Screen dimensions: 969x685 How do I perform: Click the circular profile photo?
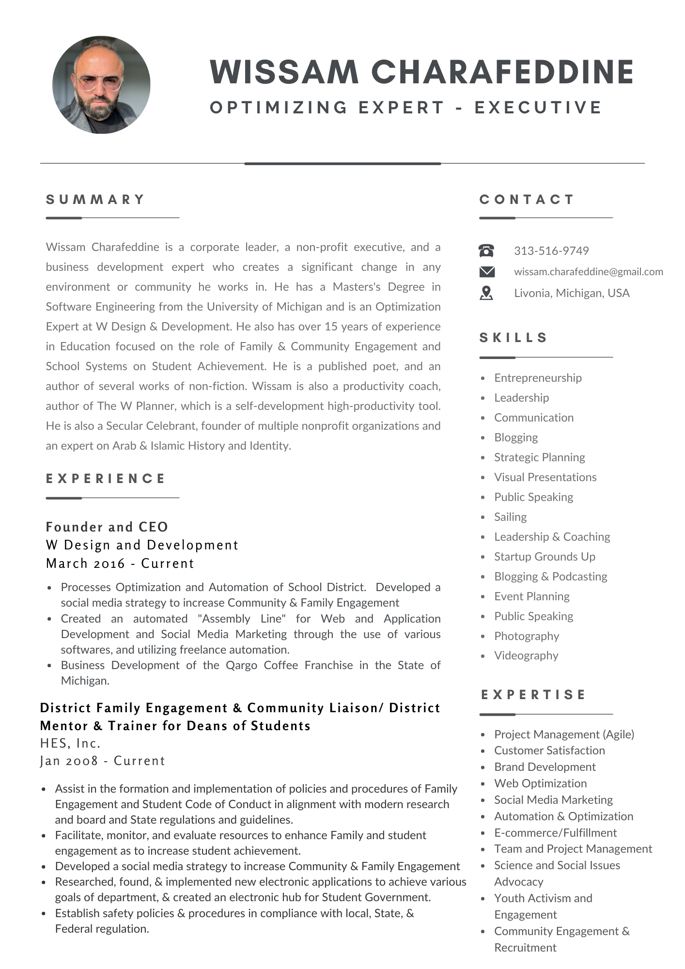(x=101, y=85)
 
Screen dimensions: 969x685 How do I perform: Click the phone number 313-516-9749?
(x=551, y=251)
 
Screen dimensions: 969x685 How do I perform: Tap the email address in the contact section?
(x=588, y=272)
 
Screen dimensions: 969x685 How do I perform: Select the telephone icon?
(x=486, y=251)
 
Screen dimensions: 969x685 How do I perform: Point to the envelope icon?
(x=486, y=272)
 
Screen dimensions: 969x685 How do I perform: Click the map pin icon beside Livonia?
(x=486, y=293)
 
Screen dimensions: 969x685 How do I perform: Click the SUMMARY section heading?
(x=95, y=200)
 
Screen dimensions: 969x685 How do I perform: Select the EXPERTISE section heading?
(x=533, y=695)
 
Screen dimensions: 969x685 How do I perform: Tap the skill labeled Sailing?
(x=510, y=517)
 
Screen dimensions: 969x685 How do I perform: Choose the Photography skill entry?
(x=526, y=636)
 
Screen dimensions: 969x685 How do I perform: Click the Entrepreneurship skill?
(x=538, y=378)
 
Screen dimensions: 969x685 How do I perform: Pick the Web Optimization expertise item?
(x=540, y=783)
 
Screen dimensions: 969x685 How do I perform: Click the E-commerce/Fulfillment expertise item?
(x=555, y=833)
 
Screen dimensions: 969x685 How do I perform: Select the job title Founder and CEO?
(x=107, y=527)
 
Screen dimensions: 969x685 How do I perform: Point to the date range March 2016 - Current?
(x=120, y=563)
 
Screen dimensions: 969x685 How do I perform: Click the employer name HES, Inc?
(x=70, y=743)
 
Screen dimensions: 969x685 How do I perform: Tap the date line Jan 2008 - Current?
(x=102, y=761)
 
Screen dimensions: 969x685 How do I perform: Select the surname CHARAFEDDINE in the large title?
(x=502, y=72)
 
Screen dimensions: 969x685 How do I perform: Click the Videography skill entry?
(x=526, y=656)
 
